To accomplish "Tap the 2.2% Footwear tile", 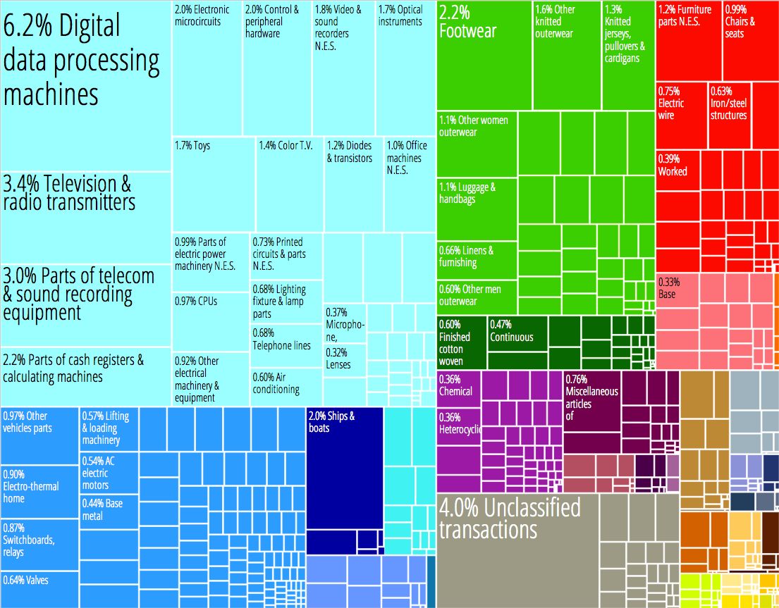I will point(484,56).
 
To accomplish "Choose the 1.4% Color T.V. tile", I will point(289,184).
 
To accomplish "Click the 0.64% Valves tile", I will point(39,589).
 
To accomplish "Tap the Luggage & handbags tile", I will point(477,209).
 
